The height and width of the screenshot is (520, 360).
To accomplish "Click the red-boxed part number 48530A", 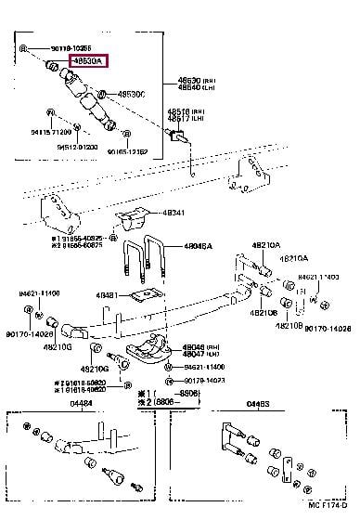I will (x=87, y=63).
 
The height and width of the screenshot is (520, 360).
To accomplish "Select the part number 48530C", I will (x=131, y=95).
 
